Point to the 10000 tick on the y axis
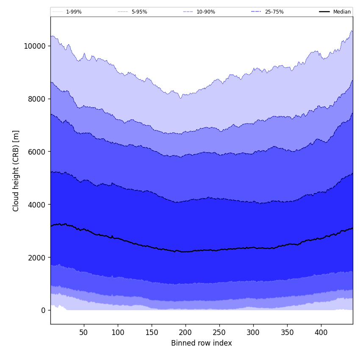point(35,46)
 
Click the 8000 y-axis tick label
point(36,99)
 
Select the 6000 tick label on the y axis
point(36,152)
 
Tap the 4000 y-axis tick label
point(36,205)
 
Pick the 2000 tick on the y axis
point(36,258)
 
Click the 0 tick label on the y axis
point(43,310)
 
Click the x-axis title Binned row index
point(202,343)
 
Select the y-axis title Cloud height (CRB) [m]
point(16,171)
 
